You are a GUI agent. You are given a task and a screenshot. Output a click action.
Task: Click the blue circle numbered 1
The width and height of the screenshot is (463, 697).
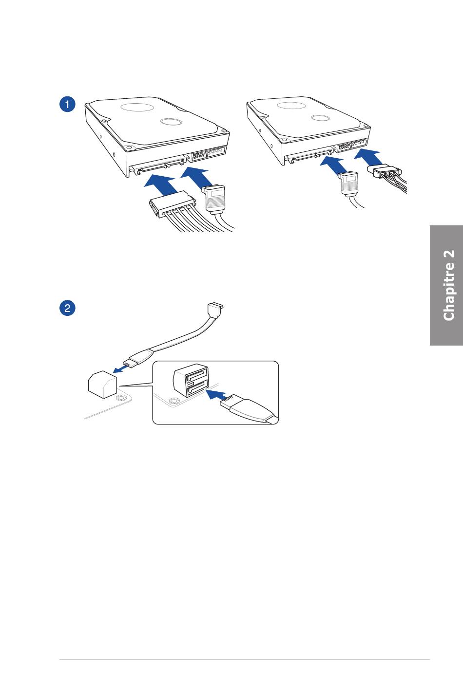click(x=67, y=104)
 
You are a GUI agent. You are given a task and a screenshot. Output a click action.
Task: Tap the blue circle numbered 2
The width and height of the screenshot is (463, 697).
click(x=67, y=308)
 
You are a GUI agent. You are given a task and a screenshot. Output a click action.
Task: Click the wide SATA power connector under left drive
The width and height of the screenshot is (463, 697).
click(x=172, y=204)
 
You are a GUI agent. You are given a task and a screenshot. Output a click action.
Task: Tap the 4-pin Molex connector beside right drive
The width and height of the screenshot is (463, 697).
click(x=385, y=171)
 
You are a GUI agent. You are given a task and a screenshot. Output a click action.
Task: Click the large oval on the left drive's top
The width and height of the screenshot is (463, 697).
click(x=137, y=107)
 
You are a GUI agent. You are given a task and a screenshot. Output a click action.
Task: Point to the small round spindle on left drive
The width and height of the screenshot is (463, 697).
click(x=171, y=121)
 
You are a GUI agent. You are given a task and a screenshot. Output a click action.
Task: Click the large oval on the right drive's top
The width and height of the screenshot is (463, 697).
click(x=291, y=106)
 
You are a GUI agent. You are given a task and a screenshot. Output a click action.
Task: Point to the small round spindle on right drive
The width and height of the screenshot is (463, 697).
click(x=321, y=118)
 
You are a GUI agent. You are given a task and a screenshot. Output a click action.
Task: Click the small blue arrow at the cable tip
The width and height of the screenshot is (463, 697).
click(x=120, y=369)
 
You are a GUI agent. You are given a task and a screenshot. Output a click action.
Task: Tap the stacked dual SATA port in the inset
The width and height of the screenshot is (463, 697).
click(x=191, y=380)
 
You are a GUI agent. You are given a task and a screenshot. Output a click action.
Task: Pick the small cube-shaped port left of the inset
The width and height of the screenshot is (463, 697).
click(x=103, y=385)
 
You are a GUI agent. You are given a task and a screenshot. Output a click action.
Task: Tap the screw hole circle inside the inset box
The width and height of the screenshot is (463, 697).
click(x=174, y=402)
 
